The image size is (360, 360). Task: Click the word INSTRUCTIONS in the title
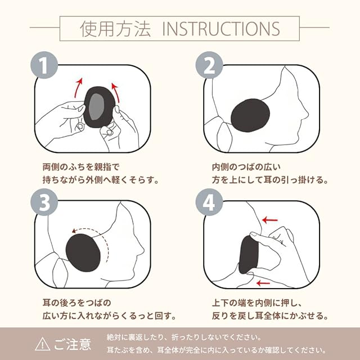tap(221, 29)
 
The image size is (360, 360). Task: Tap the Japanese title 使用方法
tap(115, 29)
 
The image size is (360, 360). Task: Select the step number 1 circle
tap(44, 65)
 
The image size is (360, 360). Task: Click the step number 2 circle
tap(209, 65)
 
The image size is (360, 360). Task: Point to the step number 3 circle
tap(44, 202)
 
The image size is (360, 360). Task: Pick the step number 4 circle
tap(209, 202)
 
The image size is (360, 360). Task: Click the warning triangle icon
tap(43, 344)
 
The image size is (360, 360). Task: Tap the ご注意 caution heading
tap(73, 344)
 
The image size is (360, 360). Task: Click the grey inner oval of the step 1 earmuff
tap(96, 106)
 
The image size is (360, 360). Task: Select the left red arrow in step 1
tap(78, 88)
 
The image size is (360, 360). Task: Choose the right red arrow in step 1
tap(116, 92)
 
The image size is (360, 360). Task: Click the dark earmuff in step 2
tap(250, 115)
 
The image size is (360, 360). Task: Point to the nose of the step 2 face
tap(306, 114)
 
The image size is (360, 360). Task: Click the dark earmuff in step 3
tap(83, 253)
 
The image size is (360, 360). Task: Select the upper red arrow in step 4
tap(270, 220)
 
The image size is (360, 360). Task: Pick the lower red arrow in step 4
tap(263, 283)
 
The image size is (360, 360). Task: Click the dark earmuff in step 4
tap(248, 255)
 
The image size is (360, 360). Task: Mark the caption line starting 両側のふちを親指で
tap(81, 167)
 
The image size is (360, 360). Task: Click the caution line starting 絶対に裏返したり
tap(184, 337)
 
